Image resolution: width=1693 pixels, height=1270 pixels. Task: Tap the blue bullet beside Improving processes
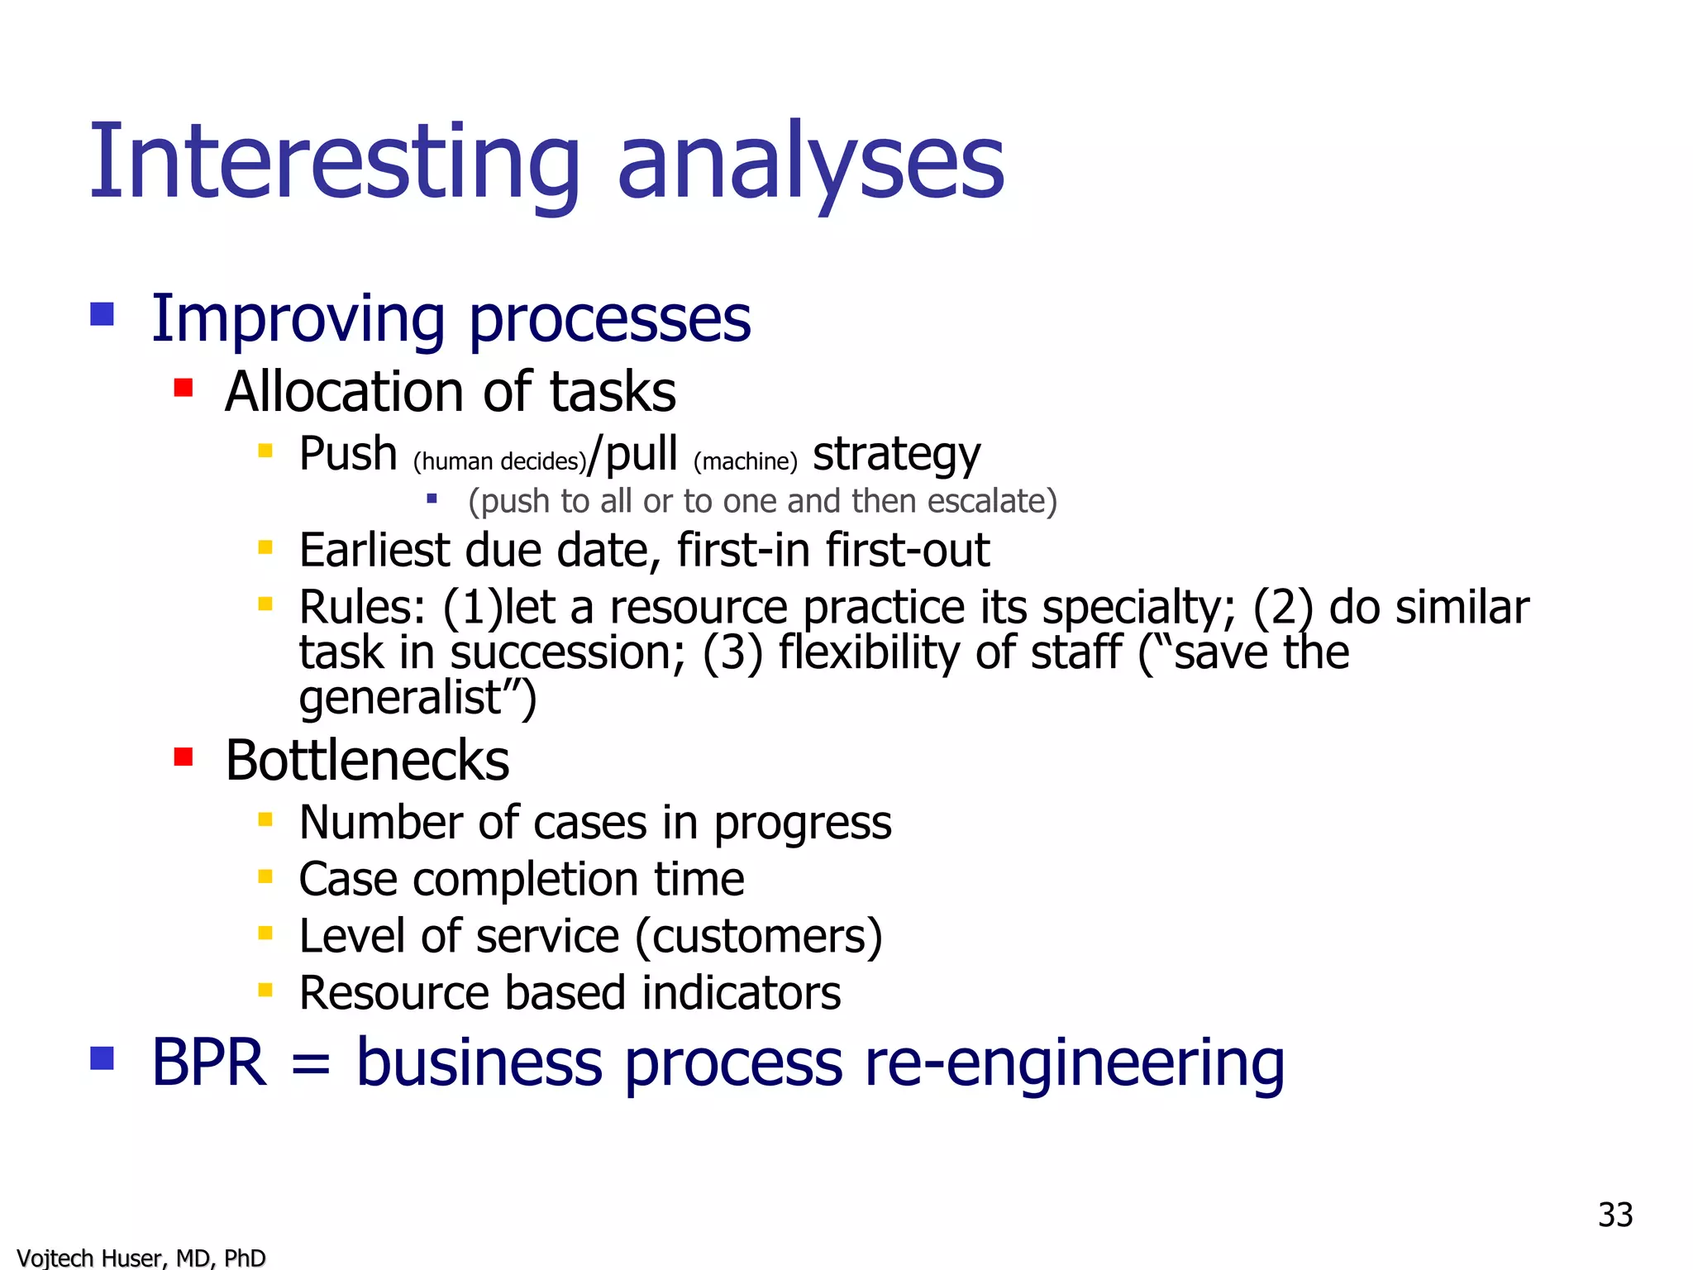pos(102,314)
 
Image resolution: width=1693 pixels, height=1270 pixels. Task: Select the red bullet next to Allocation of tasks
pos(184,388)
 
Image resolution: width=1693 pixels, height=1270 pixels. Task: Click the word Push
pos(348,454)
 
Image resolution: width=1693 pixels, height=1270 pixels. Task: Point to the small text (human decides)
pos(499,461)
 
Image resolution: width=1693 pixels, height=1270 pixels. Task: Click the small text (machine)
pos(745,461)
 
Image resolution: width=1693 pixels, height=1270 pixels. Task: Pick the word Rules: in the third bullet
pos(362,608)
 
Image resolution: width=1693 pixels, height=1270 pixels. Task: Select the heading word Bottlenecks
pos(367,761)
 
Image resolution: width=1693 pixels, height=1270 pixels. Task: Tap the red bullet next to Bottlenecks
pos(184,757)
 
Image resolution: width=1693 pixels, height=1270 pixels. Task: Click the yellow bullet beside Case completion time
pos(265,876)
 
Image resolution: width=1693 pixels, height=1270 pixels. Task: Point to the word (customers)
pos(758,937)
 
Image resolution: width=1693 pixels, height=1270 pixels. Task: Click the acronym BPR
pos(208,1063)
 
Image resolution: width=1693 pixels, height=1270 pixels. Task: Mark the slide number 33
pos(1614,1215)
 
